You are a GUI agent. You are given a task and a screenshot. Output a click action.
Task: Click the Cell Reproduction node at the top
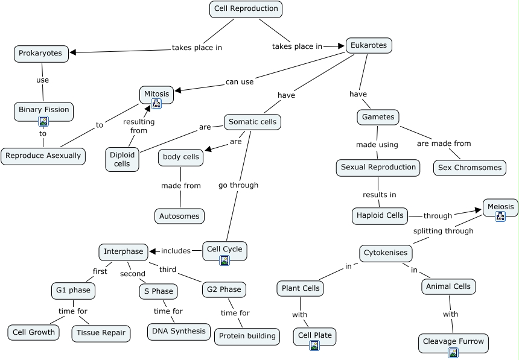(246, 9)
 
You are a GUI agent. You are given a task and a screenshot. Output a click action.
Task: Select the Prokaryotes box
(40, 54)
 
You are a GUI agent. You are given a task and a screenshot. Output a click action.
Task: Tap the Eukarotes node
(369, 46)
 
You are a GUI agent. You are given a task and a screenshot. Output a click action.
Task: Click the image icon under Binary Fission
(43, 121)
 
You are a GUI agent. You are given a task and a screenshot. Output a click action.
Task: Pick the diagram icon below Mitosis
(156, 104)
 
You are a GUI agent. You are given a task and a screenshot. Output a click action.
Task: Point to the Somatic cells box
(252, 122)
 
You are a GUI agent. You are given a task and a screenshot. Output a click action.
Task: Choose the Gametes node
(378, 117)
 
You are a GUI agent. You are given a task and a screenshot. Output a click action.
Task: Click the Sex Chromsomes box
(470, 168)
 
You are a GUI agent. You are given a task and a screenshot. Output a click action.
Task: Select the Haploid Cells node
(380, 215)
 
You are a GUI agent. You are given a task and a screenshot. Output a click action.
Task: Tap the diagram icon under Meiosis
(500, 216)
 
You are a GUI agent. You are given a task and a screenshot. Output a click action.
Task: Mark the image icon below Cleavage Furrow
(453, 353)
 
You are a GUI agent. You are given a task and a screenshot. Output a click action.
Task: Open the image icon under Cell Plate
(314, 346)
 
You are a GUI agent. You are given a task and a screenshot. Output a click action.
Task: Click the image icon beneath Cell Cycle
(224, 261)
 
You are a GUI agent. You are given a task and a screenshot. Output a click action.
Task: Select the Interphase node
(123, 251)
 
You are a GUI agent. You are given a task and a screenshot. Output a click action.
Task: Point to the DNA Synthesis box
(179, 332)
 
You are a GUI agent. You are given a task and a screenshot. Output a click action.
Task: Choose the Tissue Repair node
(101, 333)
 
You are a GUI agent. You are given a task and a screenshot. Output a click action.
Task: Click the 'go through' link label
(238, 185)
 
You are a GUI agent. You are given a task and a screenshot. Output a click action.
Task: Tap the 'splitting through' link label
(443, 231)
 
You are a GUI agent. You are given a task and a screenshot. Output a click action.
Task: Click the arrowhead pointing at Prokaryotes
(74, 53)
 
